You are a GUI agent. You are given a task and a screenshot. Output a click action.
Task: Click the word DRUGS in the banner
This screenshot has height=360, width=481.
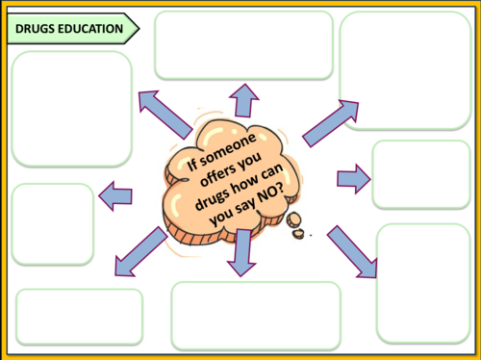pyautogui.click(x=35, y=29)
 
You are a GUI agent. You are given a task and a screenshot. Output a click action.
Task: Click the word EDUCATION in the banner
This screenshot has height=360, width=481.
pyautogui.click(x=90, y=29)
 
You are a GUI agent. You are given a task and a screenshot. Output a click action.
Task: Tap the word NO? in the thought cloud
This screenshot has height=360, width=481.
pyautogui.click(x=270, y=195)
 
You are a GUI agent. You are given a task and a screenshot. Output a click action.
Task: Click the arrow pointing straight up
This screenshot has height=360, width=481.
pyautogui.click(x=243, y=100)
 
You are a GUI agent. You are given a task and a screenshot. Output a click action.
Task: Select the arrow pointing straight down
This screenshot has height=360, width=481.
pyautogui.click(x=242, y=253)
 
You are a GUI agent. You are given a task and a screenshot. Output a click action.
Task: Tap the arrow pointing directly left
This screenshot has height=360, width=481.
pyautogui.click(x=115, y=195)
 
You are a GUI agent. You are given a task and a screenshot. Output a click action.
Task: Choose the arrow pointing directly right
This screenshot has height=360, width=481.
pyautogui.click(x=354, y=179)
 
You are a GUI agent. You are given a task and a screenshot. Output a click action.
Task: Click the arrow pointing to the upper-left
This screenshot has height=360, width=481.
pyautogui.click(x=165, y=115)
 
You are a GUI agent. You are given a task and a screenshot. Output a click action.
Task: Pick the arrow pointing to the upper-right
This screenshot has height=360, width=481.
pyautogui.click(x=330, y=123)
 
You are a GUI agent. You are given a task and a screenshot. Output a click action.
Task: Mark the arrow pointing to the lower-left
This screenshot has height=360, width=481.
pyautogui.click(x=141, y=251)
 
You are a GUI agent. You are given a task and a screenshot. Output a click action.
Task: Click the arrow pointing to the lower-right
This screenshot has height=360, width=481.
pyautogui.click(x=352, y=251)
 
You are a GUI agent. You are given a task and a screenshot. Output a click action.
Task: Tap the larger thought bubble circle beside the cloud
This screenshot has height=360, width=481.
pyautogui.click(x=293, y=220)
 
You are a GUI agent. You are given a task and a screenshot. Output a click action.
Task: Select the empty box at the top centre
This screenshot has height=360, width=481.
pyautogui.click(x=243, y=45)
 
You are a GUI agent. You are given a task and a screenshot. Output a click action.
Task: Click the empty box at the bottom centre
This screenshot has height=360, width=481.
pyautogui.click(x=256, y=316)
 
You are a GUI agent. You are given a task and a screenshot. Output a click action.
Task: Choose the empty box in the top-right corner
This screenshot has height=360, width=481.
pyautogui.click(x=405, y=70)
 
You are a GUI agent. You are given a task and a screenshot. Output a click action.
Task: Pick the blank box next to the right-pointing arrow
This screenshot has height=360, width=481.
pyautogui.click(x=421, y=174)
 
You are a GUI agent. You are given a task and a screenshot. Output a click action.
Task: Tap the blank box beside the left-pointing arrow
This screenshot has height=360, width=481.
pyautogui.click(x=53, y=224)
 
